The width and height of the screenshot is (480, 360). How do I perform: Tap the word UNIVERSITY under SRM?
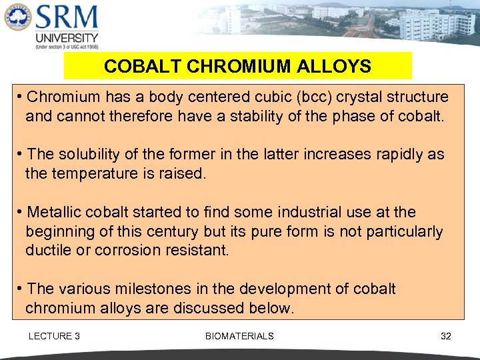[x=67, y=38]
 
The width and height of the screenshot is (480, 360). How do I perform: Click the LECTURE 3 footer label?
[x=54, y=336]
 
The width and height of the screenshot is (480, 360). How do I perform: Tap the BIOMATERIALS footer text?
[x=239, y=336]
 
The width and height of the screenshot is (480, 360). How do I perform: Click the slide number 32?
[x=446, y=336]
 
